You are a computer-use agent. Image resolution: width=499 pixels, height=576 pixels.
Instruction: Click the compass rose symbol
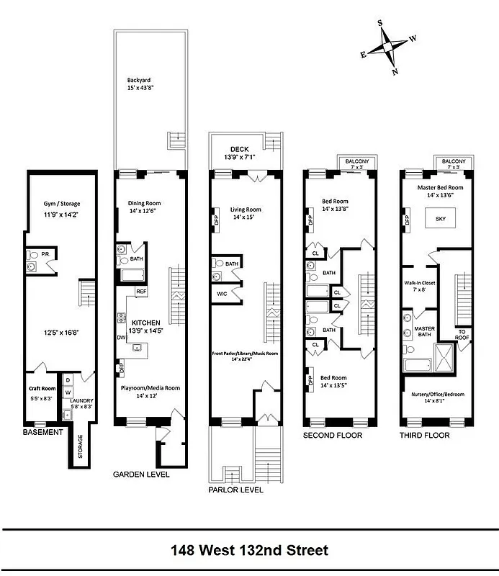[x=388, y=47]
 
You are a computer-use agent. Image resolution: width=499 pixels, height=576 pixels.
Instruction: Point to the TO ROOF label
[x=463, y=334]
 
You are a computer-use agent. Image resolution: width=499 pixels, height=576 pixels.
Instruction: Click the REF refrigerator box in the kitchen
[x=141, y=292]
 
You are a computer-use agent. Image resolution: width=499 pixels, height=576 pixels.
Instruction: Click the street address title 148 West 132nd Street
[x=249, y=552]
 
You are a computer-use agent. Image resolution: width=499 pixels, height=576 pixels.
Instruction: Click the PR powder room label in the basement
[x=45, y=254]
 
